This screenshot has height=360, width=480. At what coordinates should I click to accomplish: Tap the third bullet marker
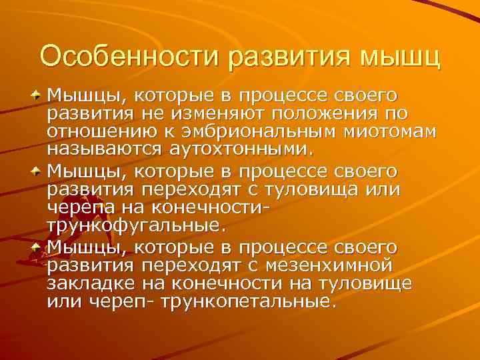(x=37, y=246)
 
